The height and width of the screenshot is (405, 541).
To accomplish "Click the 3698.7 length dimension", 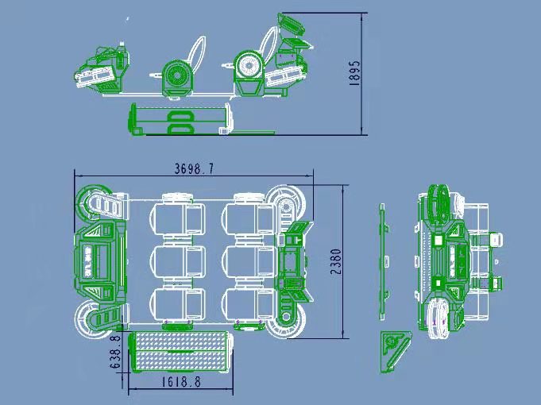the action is point(194,169).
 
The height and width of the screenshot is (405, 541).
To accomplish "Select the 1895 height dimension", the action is point(354,73).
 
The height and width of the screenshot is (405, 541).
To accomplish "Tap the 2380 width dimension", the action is point(336,261).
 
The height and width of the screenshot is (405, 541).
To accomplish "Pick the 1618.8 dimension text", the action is point(181,382).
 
